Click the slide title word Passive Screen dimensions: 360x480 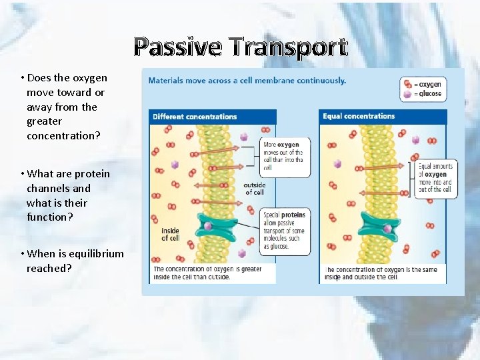click(177, 47)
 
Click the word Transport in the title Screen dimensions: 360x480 click(288, 47)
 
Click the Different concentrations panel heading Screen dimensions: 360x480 click(195, 117)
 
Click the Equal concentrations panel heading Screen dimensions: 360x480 click(359, 117)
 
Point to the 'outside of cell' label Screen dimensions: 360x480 click(255, 189)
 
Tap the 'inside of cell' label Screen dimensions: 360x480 click(170, 235)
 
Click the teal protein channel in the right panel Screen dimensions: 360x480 click(380, 226)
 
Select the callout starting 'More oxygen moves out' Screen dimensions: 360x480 click(283, 156)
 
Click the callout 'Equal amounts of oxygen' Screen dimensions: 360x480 click(435, 178)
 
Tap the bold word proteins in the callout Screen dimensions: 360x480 click(293, 215)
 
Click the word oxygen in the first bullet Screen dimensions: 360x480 click(89, 78)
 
